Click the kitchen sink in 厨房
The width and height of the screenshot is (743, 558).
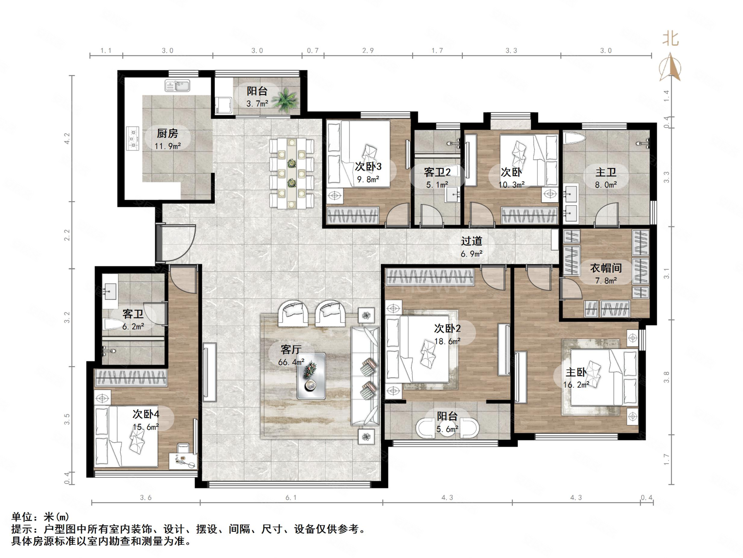tap(177, 86)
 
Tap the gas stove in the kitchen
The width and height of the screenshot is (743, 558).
tap(133, 138)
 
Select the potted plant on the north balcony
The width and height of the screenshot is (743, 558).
tap(285, 100)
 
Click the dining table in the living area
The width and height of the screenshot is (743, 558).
tap(291, 173)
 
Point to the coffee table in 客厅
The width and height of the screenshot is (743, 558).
tap(311, 376)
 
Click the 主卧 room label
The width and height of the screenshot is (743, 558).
tap(576, 372)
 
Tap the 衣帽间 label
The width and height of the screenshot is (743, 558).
tap(606, 268)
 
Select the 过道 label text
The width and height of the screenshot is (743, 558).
tap(471, 241)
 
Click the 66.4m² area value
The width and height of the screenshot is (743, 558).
tap(291, 362)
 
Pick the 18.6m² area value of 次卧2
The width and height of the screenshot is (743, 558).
tap(447, 341)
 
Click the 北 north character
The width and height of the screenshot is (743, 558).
tap(671, 39)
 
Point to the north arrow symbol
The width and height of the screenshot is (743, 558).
tap(670, 68)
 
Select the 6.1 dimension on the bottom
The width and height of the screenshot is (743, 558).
tap(291, 497)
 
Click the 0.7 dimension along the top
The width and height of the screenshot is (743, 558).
tap(313, 50)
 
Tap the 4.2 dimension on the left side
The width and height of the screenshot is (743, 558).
tap(67, 139)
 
